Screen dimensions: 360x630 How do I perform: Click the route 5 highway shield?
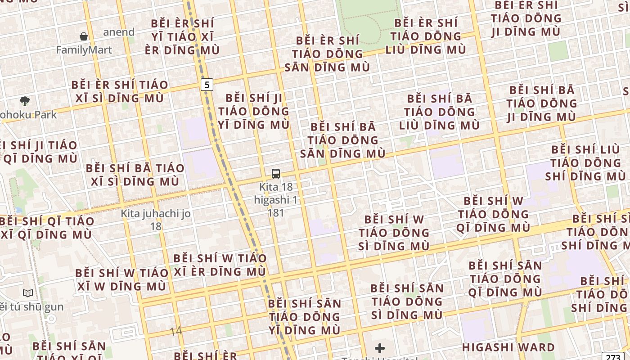pos(207,84)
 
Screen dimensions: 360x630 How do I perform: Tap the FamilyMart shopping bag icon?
pos(84,36)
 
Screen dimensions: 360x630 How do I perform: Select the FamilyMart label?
pos(84,49)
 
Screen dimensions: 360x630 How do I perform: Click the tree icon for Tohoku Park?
pos(25,101)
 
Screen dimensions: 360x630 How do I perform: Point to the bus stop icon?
pos(276,173)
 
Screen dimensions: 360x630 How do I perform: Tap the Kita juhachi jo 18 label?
pos(156,220)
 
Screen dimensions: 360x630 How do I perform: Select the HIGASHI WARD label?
pos(508,347)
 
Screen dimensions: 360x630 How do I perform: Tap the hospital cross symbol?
pos(380,348)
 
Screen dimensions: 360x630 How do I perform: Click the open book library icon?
pos(28,293)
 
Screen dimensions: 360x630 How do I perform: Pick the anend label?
pos(119,32)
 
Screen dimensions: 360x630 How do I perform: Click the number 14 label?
pos(176,331)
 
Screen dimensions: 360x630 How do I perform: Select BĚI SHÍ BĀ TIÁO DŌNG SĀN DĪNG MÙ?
pos(343,140)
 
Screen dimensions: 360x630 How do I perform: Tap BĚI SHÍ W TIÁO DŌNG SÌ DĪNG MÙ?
pos(394,233)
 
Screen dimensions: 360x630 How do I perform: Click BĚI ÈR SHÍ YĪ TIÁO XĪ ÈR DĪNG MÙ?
pos(182,36)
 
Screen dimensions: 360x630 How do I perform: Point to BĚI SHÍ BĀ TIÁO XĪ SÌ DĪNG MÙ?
pos(135,175)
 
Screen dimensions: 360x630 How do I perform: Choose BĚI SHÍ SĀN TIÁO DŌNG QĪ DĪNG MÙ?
pos(505,279)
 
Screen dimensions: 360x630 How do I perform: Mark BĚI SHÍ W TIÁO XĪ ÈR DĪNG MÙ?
pos(220,265)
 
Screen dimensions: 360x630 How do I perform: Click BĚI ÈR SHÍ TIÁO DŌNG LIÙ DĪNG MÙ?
pos(426,36)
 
